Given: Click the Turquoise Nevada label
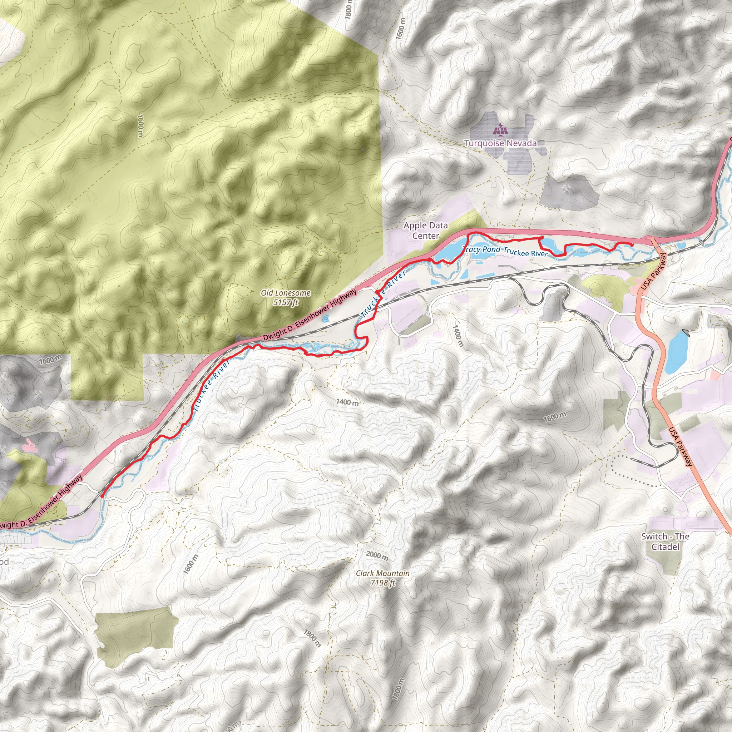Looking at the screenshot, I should pyautogui.click(x=500, y=143).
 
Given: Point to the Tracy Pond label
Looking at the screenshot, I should pyautogui.click(x=481, y=249).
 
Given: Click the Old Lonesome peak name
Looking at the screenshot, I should pyautogui.click(x=286, y=293).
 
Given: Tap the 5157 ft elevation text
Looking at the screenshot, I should pyautogui.click(x=286, y=302).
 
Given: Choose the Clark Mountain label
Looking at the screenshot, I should pyautogui.click(x=383, y=573).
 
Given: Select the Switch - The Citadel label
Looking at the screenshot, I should pyautogui.click(x=665, y=541).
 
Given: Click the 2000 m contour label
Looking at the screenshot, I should pyautogui.click(x=377, y=555).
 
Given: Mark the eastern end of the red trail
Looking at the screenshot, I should pyautogui.click(x=632, y=245).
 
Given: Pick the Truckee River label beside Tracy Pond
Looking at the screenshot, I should pyautogui.click(x=525, y=252).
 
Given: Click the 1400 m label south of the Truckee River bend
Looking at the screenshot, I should pyautogui.click(x=347, y=402).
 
